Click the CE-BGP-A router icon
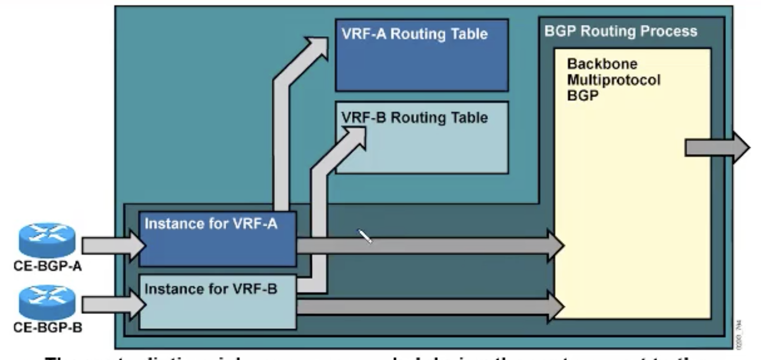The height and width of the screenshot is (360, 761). point(47,240)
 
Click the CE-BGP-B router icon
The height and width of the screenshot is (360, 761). point(47,302)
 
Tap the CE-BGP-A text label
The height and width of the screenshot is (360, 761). point(48,266)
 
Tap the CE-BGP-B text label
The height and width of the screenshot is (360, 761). point(48,327)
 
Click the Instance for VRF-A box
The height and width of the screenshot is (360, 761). point(218,244)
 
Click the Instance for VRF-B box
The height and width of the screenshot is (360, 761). point(218,306)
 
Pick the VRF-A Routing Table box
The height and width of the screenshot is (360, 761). point(422,62)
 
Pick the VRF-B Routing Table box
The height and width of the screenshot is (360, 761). point(422,145)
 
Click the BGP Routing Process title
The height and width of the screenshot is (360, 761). point(620,31)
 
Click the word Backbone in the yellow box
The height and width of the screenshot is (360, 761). point(602,64)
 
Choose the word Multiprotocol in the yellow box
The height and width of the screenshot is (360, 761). point(614,80)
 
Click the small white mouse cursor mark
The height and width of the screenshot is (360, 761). point(365,236)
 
